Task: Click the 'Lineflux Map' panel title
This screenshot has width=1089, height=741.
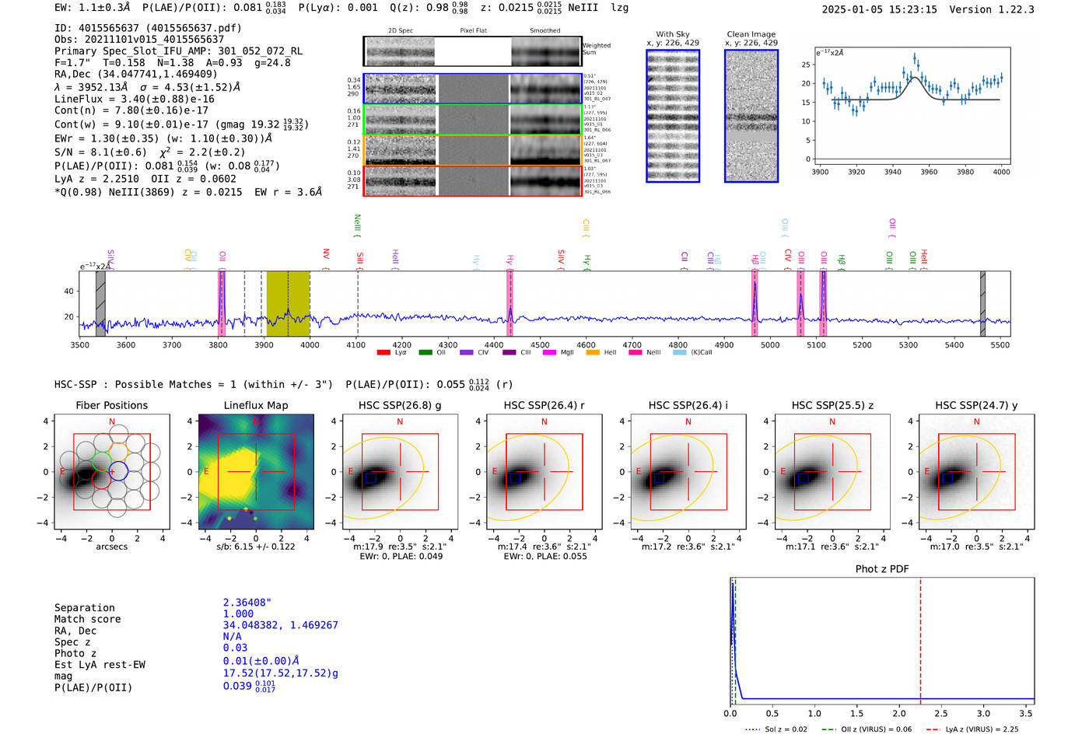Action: point(255,405)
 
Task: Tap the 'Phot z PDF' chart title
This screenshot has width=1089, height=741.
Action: point(881,569)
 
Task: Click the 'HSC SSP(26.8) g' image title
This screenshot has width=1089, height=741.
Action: point(400,405)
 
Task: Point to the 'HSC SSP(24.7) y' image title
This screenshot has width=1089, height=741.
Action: point(976,405)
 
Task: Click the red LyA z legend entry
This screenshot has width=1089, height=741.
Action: point(982,729)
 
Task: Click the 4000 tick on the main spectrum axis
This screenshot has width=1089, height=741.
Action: point(310,345)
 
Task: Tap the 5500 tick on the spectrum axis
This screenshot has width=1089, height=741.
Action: point(1000,345)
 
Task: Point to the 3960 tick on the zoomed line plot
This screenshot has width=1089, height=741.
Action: point(929,172)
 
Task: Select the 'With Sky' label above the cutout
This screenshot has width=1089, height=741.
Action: point(673,34)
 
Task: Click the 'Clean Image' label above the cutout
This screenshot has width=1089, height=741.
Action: point(751,34)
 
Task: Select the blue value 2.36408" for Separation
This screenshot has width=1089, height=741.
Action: point(247,603)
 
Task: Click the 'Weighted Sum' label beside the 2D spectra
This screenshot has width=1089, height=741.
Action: point(597,49)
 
